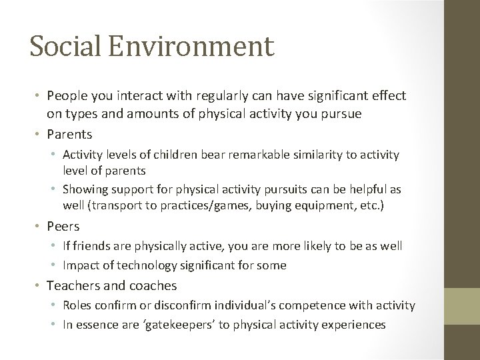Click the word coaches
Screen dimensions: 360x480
click(154, 285)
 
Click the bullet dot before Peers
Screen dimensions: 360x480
click(40, 226)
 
